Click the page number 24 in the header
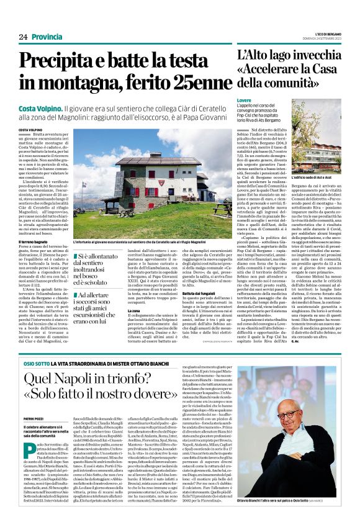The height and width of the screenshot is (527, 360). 23,37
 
